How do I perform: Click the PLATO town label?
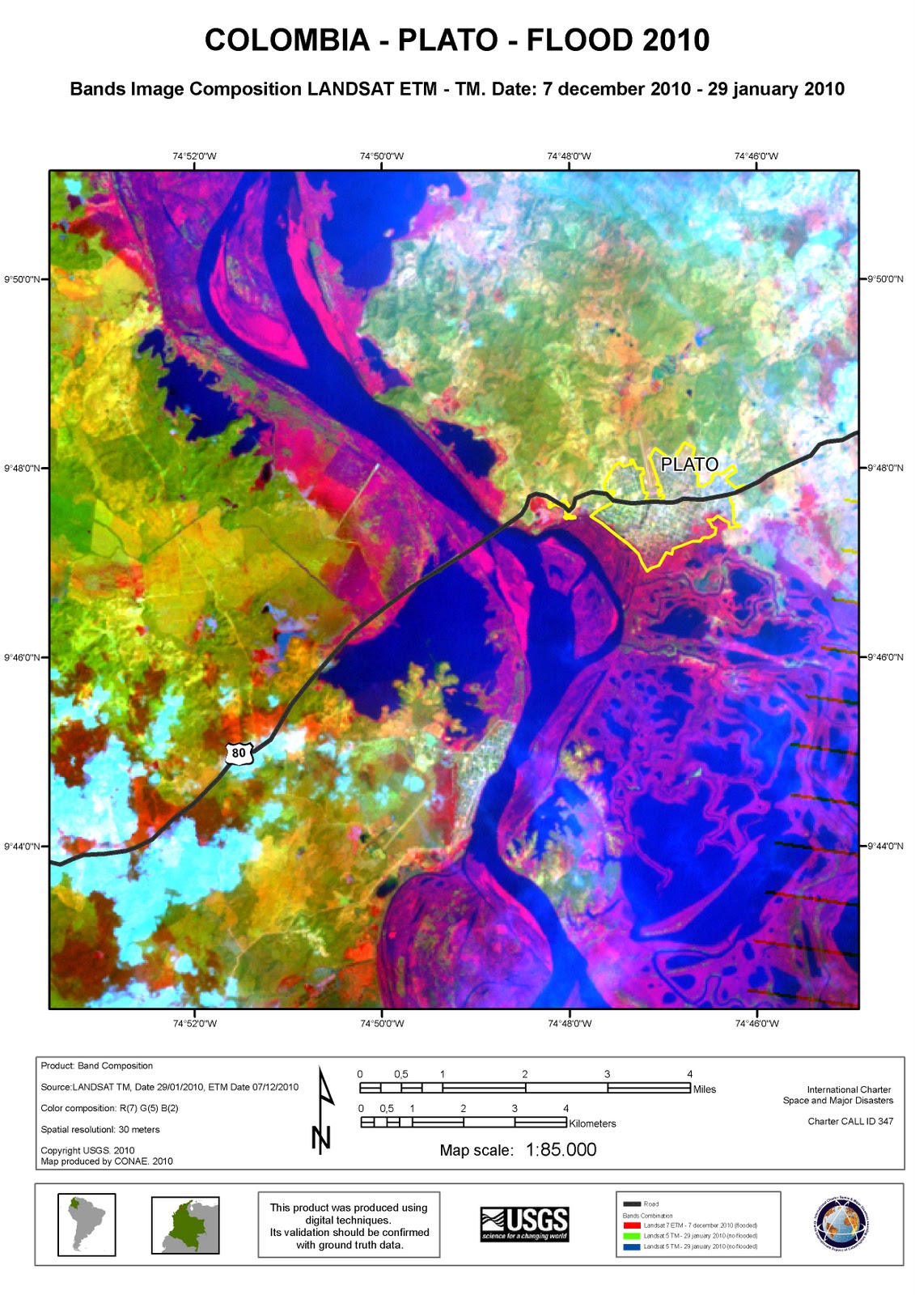(x=689, y=465)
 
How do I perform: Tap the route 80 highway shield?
(x=239, y=753)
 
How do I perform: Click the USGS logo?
(x=524, y=1224)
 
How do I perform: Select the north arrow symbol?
(x=323, y=1111)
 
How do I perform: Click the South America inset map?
(x=87, y=1225)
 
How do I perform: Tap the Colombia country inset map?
(x=185, y=1225)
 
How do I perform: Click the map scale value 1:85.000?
(x=561, y=1150)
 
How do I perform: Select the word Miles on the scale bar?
(x=704, y=1089)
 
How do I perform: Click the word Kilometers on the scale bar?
(x=592, y=1123)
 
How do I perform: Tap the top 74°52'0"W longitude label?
(x=194, y=156)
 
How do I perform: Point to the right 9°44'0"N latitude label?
(x=885, y=847)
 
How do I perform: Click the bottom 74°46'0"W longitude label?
(x=756, y=1024)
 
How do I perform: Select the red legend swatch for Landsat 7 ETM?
(x=631, y=1225)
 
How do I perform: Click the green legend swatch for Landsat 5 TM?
(x=631, y=1236)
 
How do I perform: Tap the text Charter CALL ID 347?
(x=850, y=1121)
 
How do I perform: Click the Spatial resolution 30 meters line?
(x=100, y=1130)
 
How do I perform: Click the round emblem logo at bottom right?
(x=843, y=1224)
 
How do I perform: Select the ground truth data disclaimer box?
(x=349, y=1225)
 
